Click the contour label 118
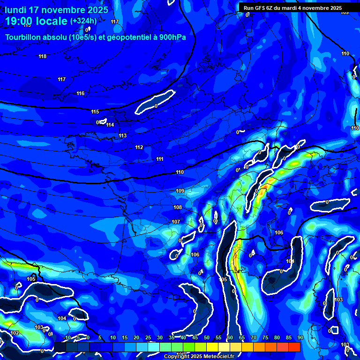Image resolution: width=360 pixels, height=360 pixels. click(x=43, y=57)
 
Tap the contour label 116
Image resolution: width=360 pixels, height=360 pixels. click(x=81, y=94)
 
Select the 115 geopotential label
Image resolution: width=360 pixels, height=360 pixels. click(x=95, y=112)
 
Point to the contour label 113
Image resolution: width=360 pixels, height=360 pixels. click(x=123, y=136)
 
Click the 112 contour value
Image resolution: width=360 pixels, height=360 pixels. click(x=139, y=148)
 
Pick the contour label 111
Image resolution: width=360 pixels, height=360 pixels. click(x=160, y=159)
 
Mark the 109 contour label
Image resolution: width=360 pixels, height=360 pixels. click(x=180, y=191)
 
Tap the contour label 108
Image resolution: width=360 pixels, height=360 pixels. click(x=178, y=208)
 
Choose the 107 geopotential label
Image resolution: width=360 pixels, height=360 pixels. click(x=176, y=222)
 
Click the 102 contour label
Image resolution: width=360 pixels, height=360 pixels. click(x=15, y=333)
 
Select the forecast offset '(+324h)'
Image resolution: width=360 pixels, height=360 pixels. click(x=83, y=21)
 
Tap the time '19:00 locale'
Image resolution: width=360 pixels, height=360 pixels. click(x=36, y=21)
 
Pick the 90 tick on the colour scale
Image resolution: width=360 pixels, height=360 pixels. click(x=300, y=337)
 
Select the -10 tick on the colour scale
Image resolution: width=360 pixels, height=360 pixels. click(x=67, y=337)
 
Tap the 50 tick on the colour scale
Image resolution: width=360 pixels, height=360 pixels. click(x=207, y=337)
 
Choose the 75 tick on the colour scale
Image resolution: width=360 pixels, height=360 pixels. click(x=265, y=337)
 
